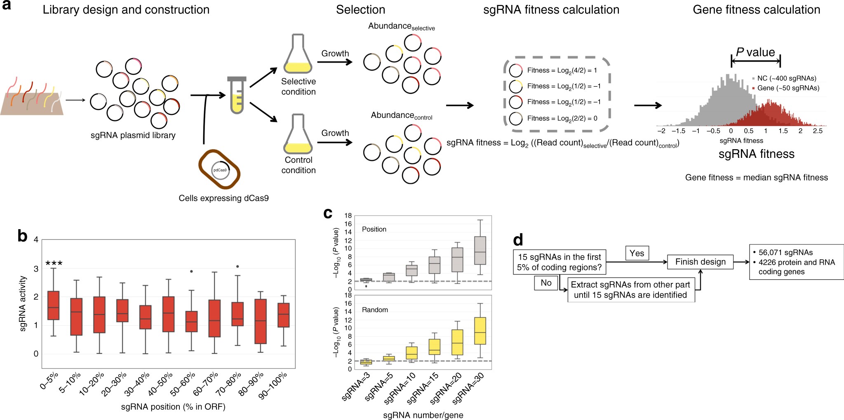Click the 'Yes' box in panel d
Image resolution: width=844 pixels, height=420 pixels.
[x=637, y=253]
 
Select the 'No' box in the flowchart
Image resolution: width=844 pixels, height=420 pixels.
[x=546, y=283]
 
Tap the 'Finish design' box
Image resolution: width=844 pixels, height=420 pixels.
[x=700, y=262]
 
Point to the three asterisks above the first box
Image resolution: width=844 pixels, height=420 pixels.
[x=54, y=263]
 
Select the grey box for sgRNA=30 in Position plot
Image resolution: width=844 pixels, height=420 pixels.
[x=480, y=250]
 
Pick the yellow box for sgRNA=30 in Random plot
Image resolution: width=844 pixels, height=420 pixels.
[x=480, y=331]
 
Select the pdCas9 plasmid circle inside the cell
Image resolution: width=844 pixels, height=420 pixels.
[x=220, y=170]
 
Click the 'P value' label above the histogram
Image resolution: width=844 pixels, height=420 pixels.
[x=755, y=52]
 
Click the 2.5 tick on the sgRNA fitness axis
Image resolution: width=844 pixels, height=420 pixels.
[x=818, y=131]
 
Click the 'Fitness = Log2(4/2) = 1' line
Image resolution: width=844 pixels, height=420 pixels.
[x=562, y=70]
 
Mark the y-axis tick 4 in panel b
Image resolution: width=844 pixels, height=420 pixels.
[x=36, y=240]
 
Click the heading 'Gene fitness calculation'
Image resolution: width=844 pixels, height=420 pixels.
[x=756, y=10]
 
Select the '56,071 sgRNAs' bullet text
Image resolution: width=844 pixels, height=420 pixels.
[x=785, y=253]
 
